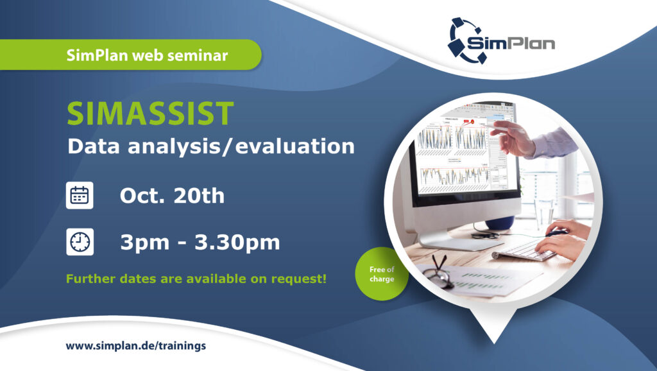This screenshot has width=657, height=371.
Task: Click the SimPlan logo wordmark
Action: [511, 43]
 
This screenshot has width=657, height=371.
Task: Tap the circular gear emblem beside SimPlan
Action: [465, 40]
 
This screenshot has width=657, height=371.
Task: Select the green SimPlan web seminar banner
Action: [130, 55]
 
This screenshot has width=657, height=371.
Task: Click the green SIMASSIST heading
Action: [150, 113]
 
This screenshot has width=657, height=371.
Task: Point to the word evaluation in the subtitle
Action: [295, 146]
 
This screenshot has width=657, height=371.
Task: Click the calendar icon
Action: [80, 195]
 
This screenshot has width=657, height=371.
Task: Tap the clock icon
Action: [80, 242]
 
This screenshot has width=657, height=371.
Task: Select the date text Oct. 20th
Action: [172, 195]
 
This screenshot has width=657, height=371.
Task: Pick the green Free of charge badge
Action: [381, 273]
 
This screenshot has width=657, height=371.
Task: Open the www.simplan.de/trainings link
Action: [136, 346]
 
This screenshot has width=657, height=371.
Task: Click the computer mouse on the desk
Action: [556, 232]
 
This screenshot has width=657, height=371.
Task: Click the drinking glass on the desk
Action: [544, 214]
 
